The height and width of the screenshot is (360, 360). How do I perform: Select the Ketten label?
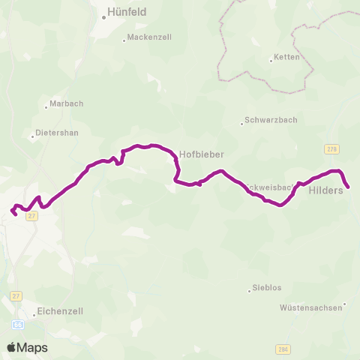click(287, 57)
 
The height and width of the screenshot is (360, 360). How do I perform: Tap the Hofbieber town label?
click(202, 154)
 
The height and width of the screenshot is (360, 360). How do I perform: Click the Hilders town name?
click(325, 190)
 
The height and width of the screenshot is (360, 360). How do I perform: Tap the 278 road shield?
click(332, 149)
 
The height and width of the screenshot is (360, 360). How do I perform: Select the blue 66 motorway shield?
click(17, 323)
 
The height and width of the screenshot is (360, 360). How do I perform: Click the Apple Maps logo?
click(28, 347)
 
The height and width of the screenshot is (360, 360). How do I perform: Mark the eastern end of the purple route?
click(349, 187)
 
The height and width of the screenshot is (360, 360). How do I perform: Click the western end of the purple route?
click(12, 211)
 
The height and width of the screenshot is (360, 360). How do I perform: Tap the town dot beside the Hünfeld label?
click(104, 15)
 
